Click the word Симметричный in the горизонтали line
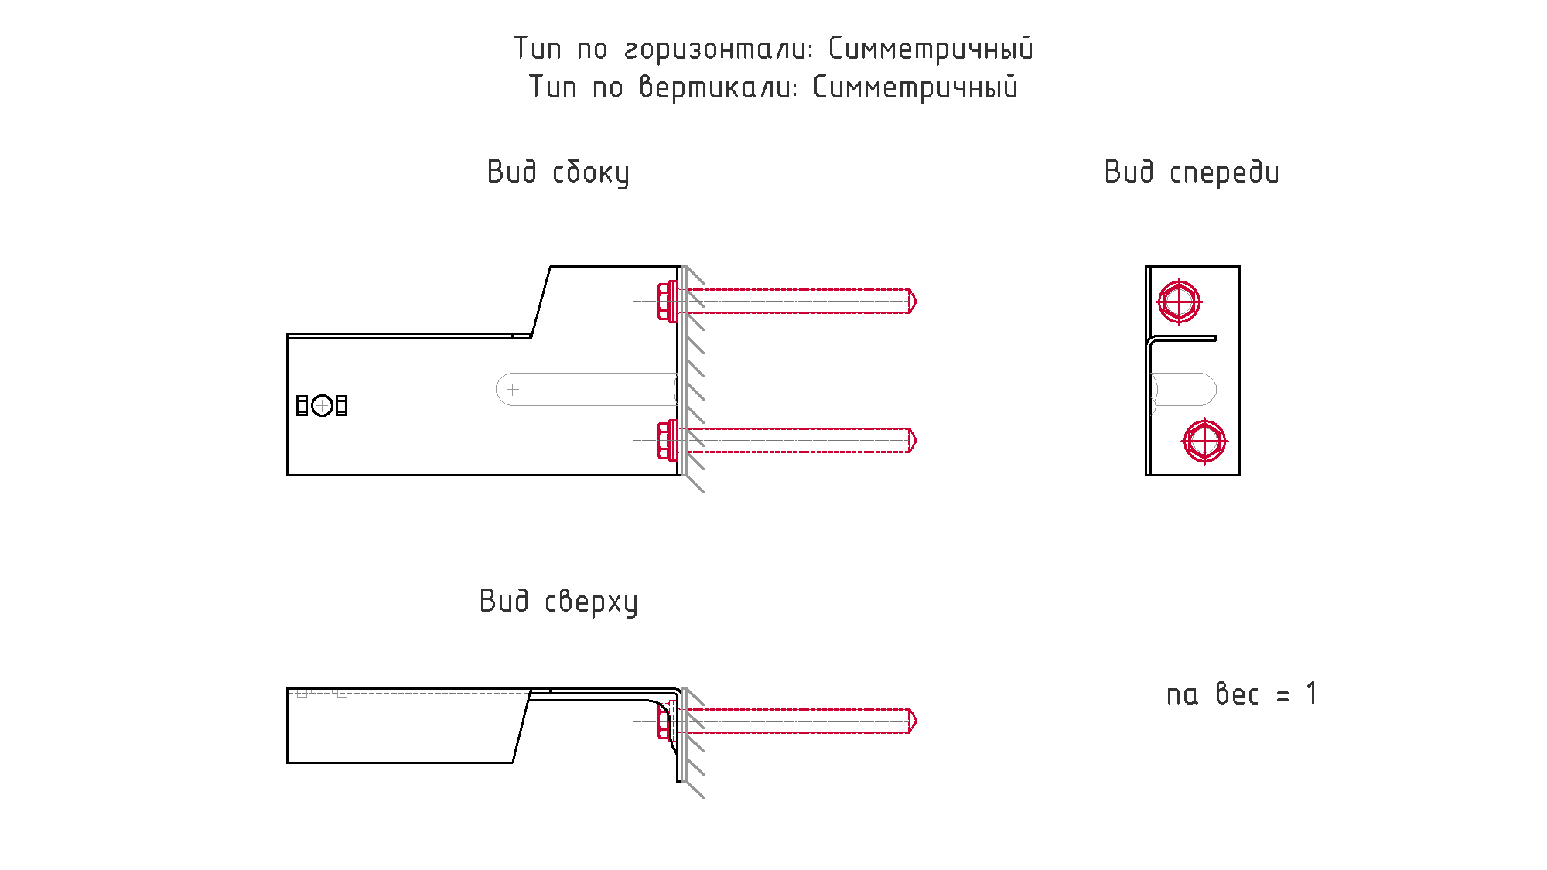931,49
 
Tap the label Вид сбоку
558,172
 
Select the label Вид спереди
1191,172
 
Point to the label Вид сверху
558,602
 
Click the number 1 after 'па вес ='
1311,694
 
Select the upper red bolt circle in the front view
1179,302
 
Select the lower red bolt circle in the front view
1204,441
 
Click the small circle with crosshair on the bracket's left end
322,405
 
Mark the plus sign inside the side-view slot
513,390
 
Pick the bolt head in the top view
663,722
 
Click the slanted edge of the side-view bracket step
541,302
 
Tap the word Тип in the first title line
537,49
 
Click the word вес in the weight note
1237,694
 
